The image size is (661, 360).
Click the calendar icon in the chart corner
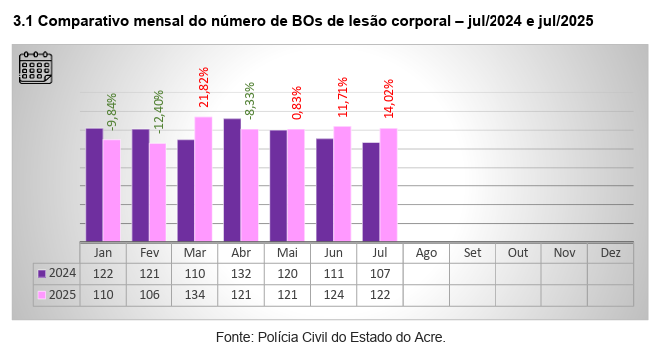pos(35,67)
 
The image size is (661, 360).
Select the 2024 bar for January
pos(94,184)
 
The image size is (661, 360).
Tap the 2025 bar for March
pos(203,179)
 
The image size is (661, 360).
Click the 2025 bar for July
pos(388,184)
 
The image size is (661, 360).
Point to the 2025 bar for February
pos(158,191)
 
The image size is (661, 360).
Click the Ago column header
pos(426,253)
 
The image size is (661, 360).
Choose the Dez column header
pos(610,253)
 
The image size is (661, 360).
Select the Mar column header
pos(195,253)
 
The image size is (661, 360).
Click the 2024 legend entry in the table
pos(57,273)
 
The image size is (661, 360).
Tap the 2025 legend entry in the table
pos(57,295)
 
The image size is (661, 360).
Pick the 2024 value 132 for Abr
pos(241,273)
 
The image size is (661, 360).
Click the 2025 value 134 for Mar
pos(195,295)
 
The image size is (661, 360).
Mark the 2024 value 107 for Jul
pos(380,273)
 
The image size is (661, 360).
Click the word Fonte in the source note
pos(235,337)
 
